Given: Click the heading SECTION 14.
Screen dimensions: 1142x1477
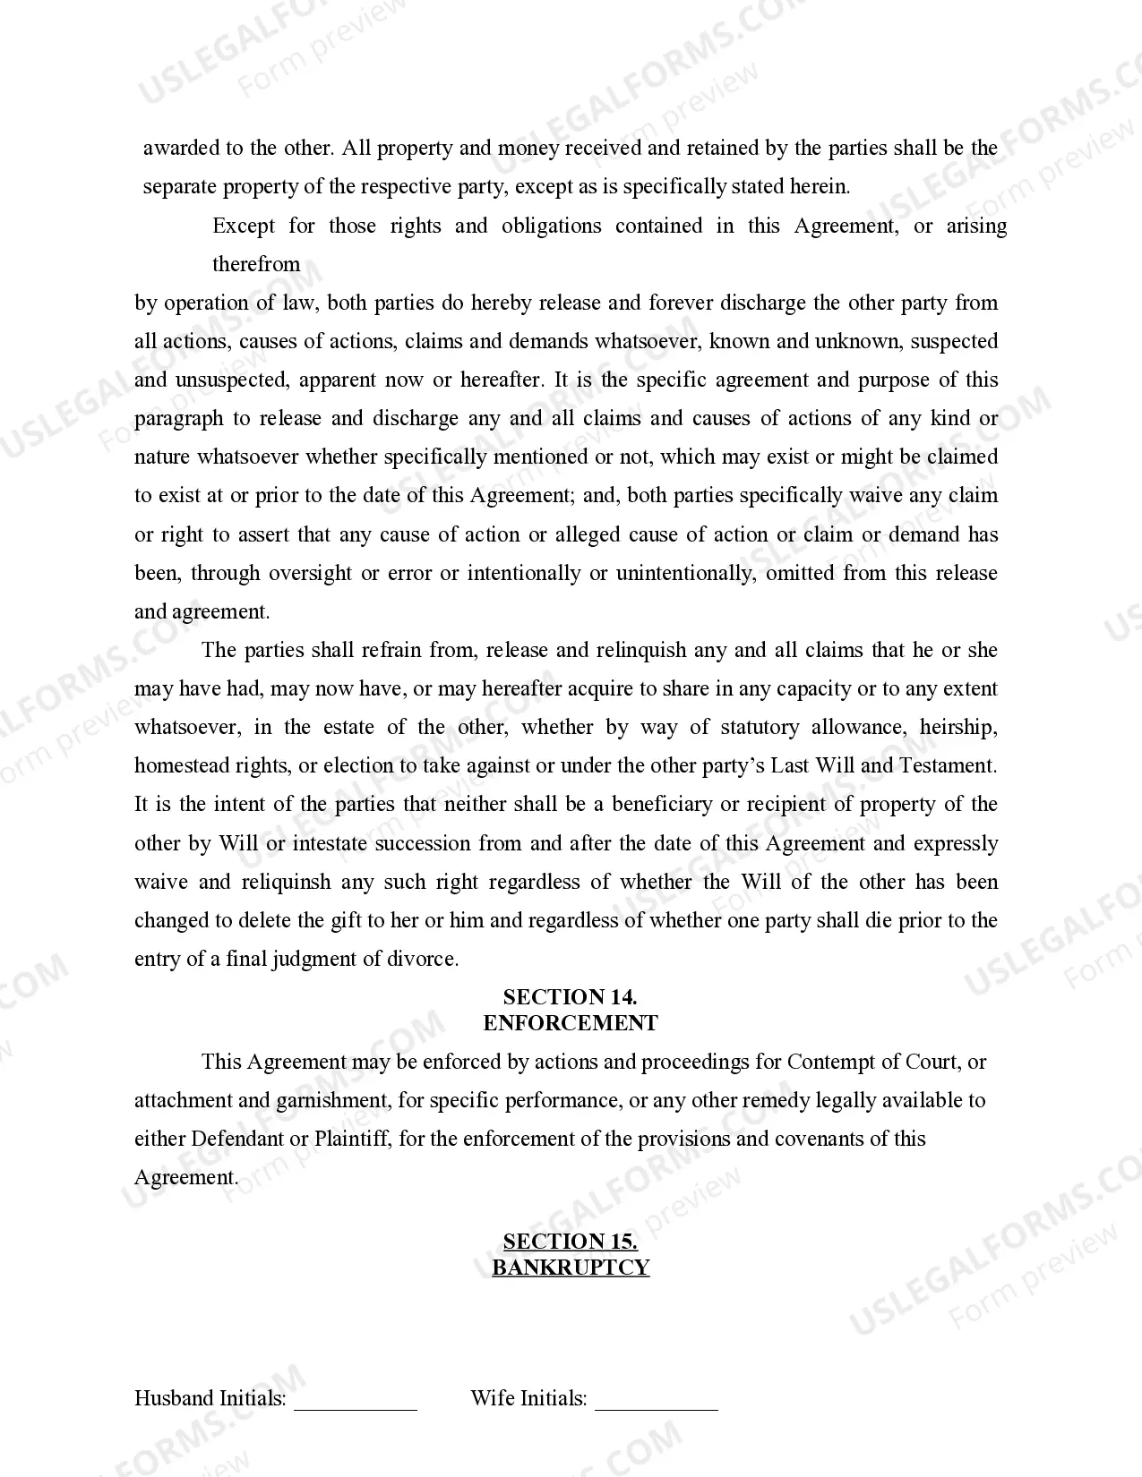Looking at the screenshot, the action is pyautogui.click(x=570, y=997).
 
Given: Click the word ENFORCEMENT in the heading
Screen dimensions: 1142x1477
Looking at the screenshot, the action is pyautogui.click(x=570, y=1023).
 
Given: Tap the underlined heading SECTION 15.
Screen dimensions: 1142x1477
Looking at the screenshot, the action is pyautogui.click(x=570, y=1242).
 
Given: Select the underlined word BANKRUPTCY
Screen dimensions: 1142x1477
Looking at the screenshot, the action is pyautogui.click(x=570, y=1268).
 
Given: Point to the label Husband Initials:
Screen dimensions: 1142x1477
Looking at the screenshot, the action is pyautogui.click(x=210, y=1398).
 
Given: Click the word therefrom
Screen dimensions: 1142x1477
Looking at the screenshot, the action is pyautogui.click(x=256, y=264).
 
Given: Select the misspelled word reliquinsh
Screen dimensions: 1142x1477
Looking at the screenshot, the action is pyautogui.click(x=286, y=882).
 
